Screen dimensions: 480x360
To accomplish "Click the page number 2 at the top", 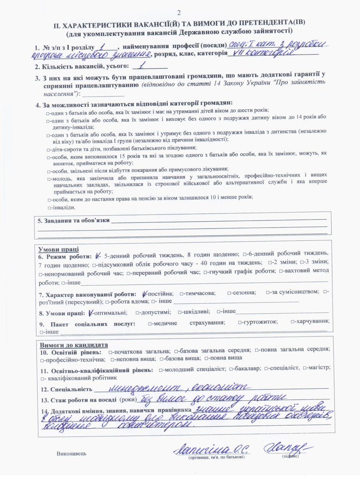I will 180,12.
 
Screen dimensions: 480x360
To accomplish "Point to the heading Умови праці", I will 58,250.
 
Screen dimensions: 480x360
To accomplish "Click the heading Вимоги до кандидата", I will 73,345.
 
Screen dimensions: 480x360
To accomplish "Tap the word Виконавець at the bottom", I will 72,454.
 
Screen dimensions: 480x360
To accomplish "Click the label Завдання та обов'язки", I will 73,220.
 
